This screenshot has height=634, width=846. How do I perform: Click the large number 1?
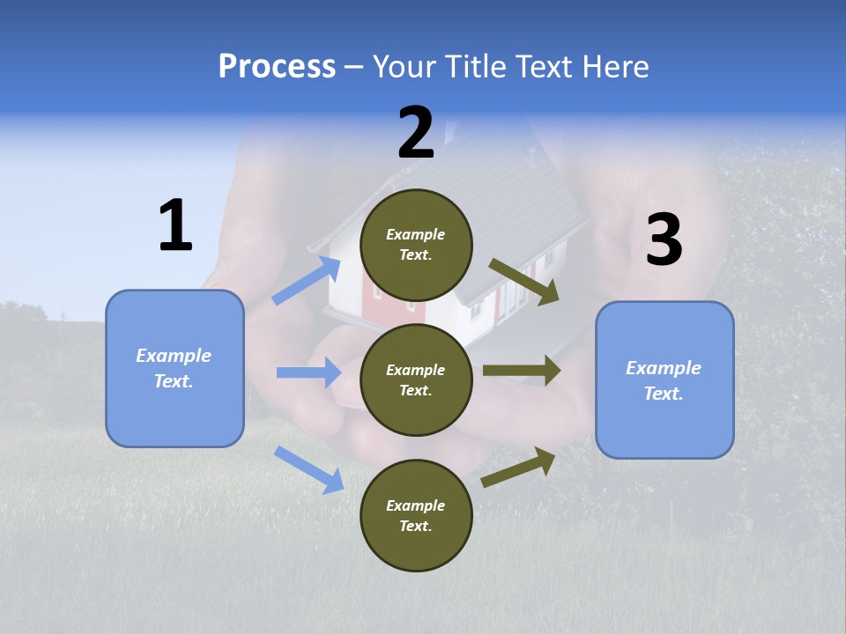tap(175, 226)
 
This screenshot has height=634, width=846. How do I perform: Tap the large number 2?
tap(416, 133)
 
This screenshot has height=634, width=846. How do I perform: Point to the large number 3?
tap(664, 240)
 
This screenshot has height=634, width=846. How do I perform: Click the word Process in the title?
tap(277, 66)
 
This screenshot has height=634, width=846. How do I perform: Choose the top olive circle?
tap(417, 245)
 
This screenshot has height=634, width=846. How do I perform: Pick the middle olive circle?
tap(417, 380)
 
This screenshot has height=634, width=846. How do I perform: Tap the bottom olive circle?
tap(417, 515)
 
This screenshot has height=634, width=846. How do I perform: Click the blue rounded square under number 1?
tap(174, 368)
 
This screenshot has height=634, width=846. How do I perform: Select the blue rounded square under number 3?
tap(664, 380)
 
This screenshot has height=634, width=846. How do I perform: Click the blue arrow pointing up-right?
tap(307, 281)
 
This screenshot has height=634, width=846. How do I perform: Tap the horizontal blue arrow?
tap(308, 372)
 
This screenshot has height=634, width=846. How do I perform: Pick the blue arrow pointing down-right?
tap(308, 468)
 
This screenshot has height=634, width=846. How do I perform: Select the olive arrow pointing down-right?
tap(524, 282)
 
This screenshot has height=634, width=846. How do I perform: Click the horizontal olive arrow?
tap(522, 371)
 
